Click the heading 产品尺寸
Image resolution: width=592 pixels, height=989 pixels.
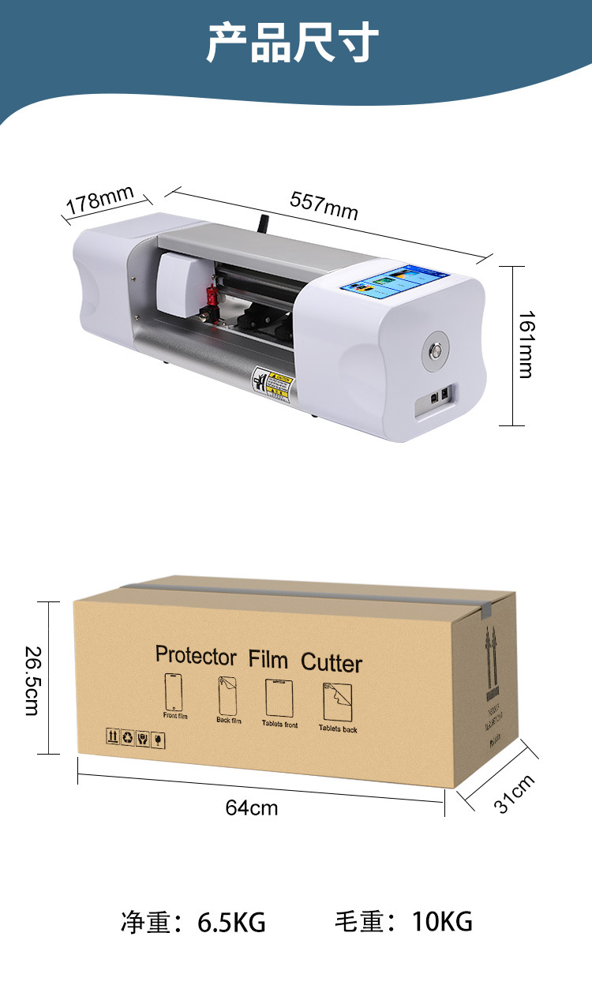(294, 43)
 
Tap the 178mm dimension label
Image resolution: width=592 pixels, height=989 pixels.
(99, 200)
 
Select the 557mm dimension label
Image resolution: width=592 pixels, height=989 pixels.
(324, 205)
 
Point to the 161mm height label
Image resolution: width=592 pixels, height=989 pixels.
(526, 344)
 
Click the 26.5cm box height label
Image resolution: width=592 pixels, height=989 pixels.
(32, 680)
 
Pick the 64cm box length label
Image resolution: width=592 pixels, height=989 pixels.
(252, 807)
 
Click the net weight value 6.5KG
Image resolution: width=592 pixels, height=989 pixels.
(231, 922)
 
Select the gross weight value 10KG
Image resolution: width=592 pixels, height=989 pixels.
(442, 921)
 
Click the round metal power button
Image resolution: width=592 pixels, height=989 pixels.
(435, 348)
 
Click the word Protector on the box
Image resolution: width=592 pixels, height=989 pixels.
(196, 656)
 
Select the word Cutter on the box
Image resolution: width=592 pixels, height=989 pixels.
(332, 662)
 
